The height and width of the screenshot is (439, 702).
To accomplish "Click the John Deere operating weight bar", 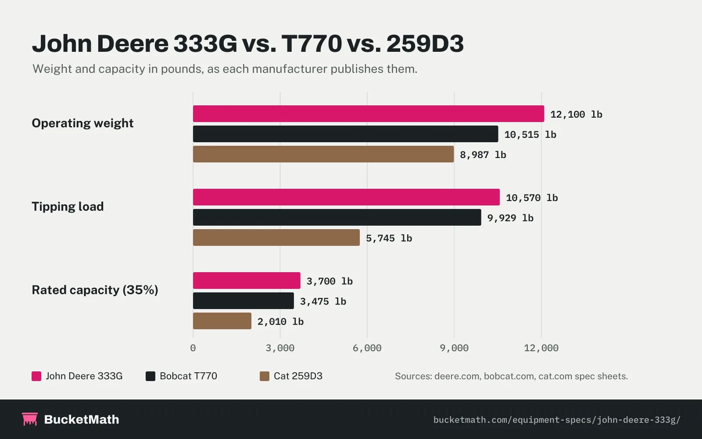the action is click(369, 114).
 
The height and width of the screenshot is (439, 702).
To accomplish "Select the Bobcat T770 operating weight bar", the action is click(345, 134).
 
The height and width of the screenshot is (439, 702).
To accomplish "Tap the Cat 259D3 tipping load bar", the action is click(276, 237).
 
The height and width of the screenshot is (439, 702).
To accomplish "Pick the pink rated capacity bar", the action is click(247, 281).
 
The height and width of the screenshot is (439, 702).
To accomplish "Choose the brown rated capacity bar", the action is click(222, 321).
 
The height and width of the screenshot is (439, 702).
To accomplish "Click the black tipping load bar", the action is click(337, 217).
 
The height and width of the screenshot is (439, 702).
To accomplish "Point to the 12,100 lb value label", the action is click(577, 115).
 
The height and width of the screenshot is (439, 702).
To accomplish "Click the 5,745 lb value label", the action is click(389, 238).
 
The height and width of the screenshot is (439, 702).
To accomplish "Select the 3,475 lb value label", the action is click(323, 301).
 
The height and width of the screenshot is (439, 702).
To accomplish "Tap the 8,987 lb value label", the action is click(483, 155).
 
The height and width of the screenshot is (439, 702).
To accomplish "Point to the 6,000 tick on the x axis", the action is click(367, 348).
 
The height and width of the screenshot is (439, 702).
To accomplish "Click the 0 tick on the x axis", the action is click(193, 348).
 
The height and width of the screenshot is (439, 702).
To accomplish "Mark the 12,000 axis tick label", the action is click(541, 348).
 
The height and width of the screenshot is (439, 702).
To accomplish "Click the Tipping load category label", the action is click(68, 207).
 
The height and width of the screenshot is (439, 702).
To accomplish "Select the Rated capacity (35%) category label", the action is click(95, 290).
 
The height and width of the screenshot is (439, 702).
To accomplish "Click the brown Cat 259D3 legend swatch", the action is click(265, 376).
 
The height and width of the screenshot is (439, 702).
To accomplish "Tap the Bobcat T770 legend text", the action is click(188, 376).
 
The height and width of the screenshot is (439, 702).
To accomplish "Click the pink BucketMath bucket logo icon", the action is click(30, 419).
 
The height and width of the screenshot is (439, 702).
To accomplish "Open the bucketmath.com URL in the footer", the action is click(557, 420).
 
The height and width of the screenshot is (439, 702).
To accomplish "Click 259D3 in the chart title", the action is click(425, 43).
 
